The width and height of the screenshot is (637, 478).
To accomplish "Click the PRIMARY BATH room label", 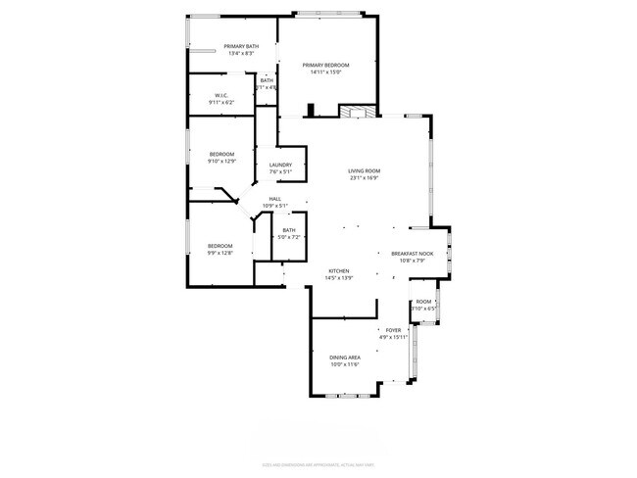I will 241,47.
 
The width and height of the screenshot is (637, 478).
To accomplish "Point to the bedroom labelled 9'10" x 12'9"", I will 222,158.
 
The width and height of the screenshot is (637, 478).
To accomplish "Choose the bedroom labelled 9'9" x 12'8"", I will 220,249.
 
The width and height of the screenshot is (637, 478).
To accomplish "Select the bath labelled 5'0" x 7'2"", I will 288,233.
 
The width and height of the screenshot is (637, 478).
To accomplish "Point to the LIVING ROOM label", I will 364,171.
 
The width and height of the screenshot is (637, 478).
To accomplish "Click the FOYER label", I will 393,330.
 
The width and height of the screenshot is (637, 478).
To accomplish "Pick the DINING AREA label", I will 345,358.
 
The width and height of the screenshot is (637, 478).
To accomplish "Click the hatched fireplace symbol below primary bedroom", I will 358,113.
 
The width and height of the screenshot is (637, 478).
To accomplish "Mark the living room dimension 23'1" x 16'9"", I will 364,178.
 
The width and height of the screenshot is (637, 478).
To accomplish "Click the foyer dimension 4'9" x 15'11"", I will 393,337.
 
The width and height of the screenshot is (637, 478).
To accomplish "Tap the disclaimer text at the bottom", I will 318,463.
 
